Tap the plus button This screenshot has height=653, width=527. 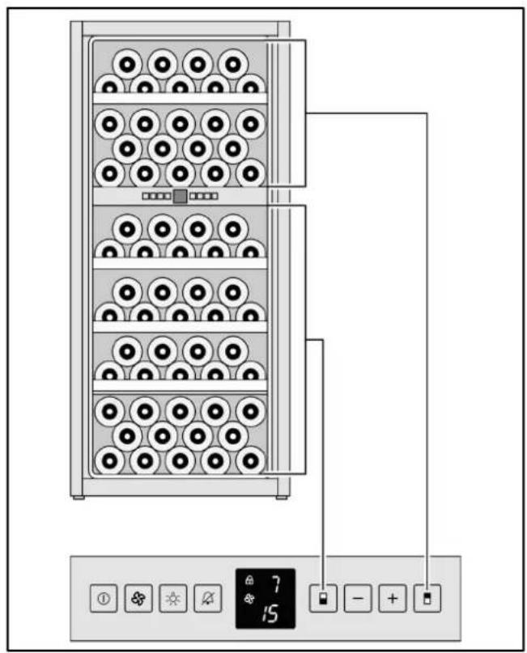[393, 600]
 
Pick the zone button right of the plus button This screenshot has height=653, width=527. [427, 600]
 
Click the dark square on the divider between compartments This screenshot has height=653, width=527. [180, 197]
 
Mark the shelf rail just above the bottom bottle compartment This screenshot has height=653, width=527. [180, 386]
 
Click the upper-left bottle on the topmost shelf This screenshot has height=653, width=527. [127, 62]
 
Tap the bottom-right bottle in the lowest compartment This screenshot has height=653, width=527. [250, 460]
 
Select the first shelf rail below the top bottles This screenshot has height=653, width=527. [180, 98]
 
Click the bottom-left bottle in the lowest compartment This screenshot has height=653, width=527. [110, 460]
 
